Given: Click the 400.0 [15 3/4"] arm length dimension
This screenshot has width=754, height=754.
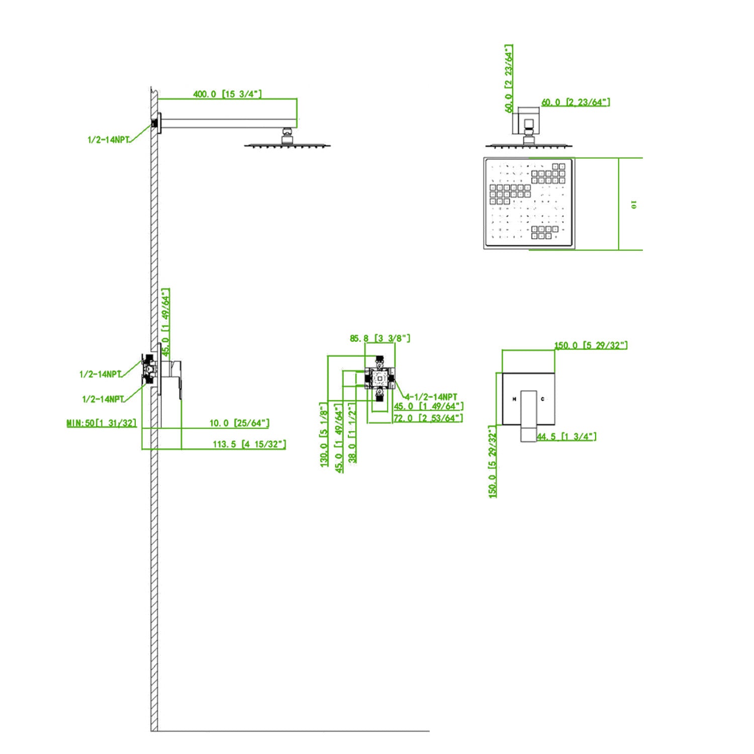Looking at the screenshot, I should pos(227,94).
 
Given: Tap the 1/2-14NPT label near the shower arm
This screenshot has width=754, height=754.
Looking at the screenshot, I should pos(109,140).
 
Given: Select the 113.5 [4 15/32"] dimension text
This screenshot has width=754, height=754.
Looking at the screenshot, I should pos(249,444).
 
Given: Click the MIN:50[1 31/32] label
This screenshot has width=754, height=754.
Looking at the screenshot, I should pos(102,423).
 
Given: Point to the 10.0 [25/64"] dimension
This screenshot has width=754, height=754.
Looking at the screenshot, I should pos(239,423).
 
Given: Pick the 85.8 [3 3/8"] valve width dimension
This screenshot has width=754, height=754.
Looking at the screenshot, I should pos(380,338).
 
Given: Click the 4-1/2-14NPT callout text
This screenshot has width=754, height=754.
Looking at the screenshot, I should pos(431,397).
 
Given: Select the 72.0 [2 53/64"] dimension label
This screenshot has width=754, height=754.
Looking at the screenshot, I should pos(428,418).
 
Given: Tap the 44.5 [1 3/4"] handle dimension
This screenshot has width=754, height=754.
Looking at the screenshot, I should pos(567,436).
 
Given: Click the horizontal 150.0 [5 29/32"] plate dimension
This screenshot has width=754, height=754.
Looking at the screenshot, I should pos(591,345).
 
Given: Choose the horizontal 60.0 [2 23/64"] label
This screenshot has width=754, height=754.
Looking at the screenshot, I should pos(576,103).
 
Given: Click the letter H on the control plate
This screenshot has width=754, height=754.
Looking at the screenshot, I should pos(514,399).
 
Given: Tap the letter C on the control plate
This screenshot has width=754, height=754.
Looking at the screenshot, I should pos(542,399).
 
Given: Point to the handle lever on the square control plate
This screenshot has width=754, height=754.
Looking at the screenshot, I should pos(528,415).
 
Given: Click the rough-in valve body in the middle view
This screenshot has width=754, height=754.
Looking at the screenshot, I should pos(380,378).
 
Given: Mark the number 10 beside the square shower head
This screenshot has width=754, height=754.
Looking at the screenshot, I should pos(634,205).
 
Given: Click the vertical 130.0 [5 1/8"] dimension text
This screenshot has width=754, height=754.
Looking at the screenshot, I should pos(325,434).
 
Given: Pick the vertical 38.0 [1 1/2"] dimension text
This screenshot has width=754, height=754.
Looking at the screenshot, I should pos(353,432).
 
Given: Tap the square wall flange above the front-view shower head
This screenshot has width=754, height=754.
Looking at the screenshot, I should pos(525,121).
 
